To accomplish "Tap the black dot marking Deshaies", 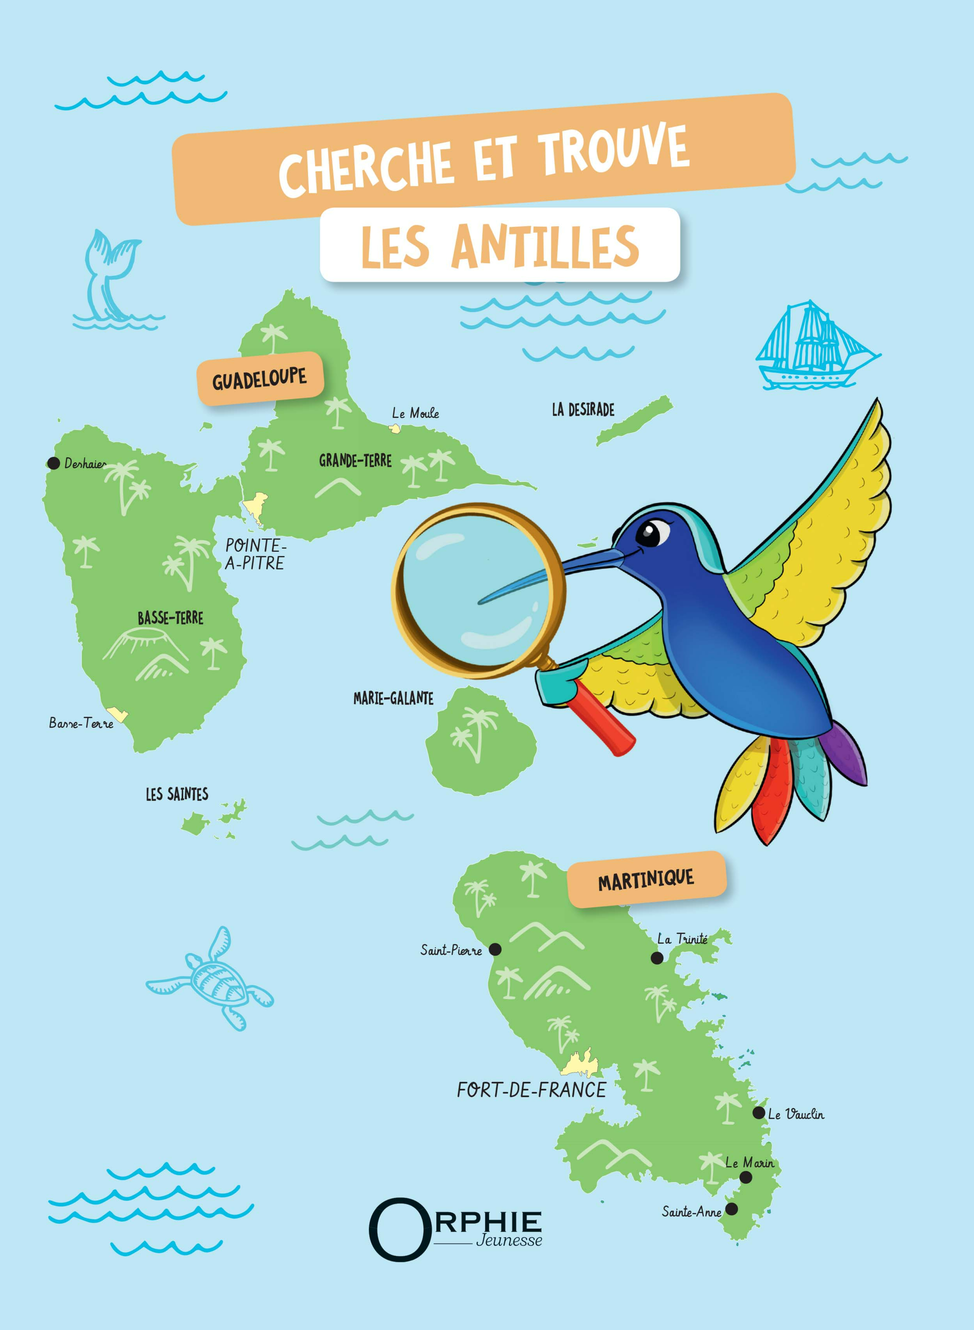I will coord(54,463).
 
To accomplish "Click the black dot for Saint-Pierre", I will coord(495,949).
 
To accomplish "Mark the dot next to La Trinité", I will coord(657,958).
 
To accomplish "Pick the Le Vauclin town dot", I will coord(759,1113).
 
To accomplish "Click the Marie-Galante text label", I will coord(393,698).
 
